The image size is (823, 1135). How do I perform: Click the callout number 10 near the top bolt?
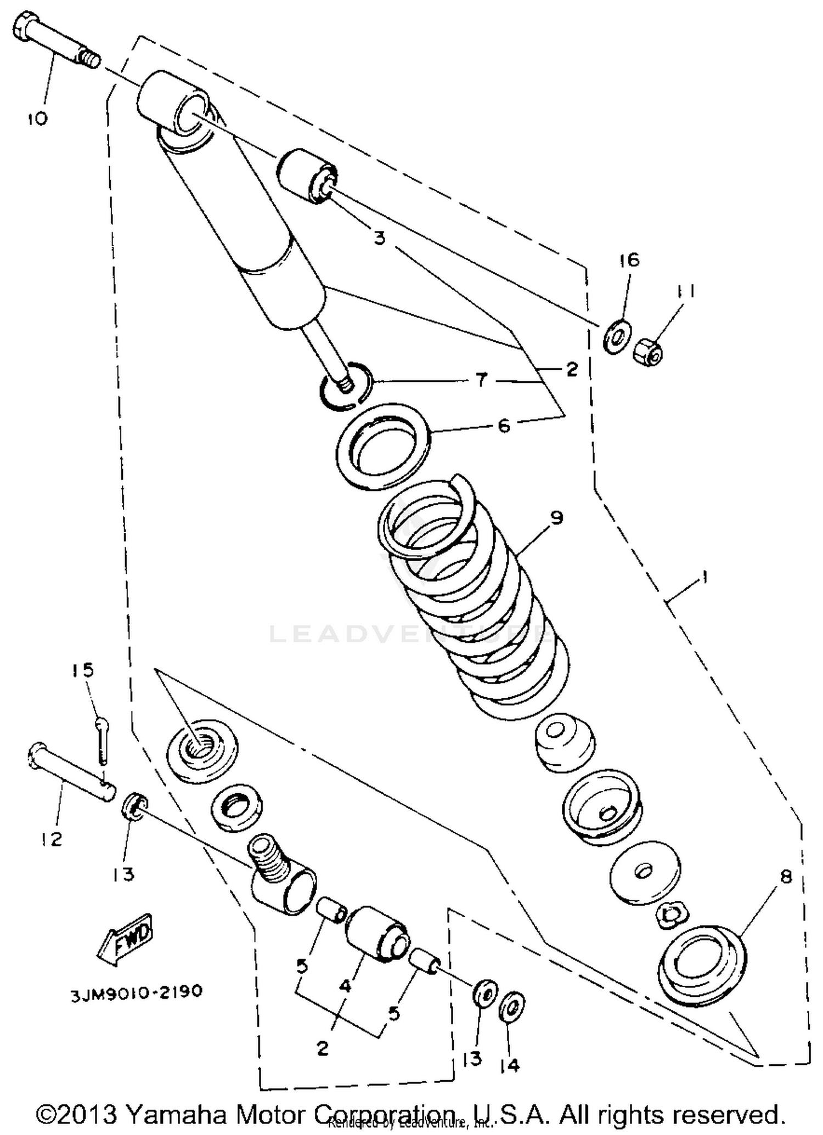point(38,117)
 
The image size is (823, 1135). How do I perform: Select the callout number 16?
point(630,259)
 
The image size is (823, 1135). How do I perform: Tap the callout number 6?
point(504,426)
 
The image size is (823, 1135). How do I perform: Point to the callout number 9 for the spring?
point(556,517)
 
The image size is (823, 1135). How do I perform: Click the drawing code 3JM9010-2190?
point(136,992)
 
